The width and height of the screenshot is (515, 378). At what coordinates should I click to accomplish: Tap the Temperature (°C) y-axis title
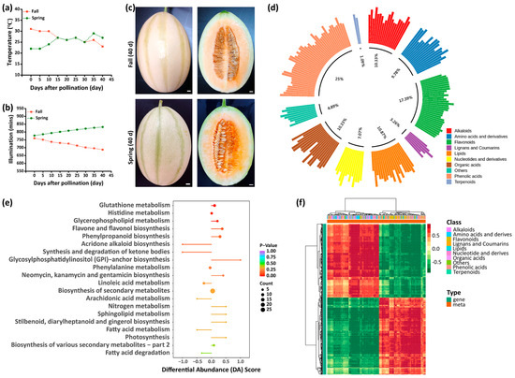pyautogui.click(x=5, y=43)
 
